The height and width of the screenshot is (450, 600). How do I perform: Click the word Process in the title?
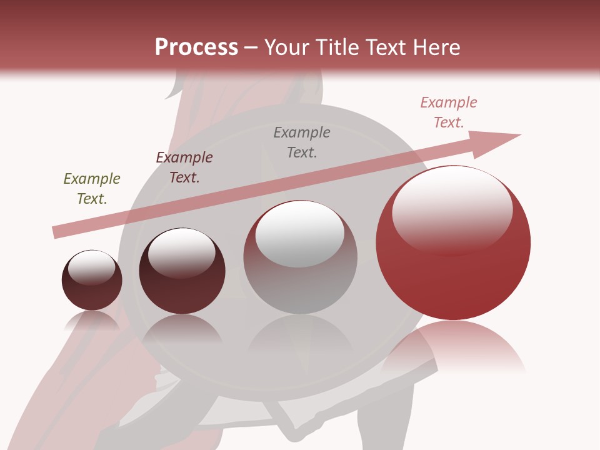click(196, 47)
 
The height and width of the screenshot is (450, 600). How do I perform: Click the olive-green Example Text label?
click(92, 189)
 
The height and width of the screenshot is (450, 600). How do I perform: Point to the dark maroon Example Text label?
click(184, 167)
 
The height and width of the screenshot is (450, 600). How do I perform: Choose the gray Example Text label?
click(302, 142)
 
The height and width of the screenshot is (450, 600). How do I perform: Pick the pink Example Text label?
click(448, 112)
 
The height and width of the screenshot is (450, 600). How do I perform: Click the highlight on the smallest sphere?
click(91, 267)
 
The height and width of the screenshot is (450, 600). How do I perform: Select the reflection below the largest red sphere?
click(453, 347)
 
